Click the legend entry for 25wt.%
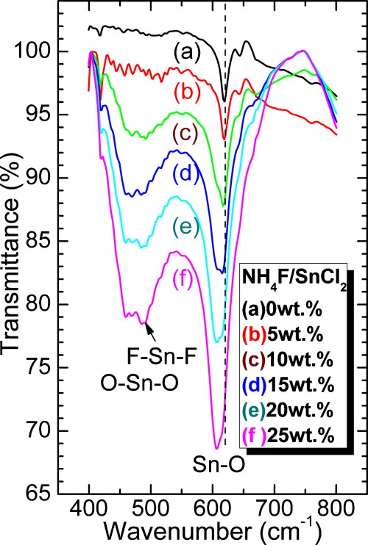(x=289, y=435)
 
